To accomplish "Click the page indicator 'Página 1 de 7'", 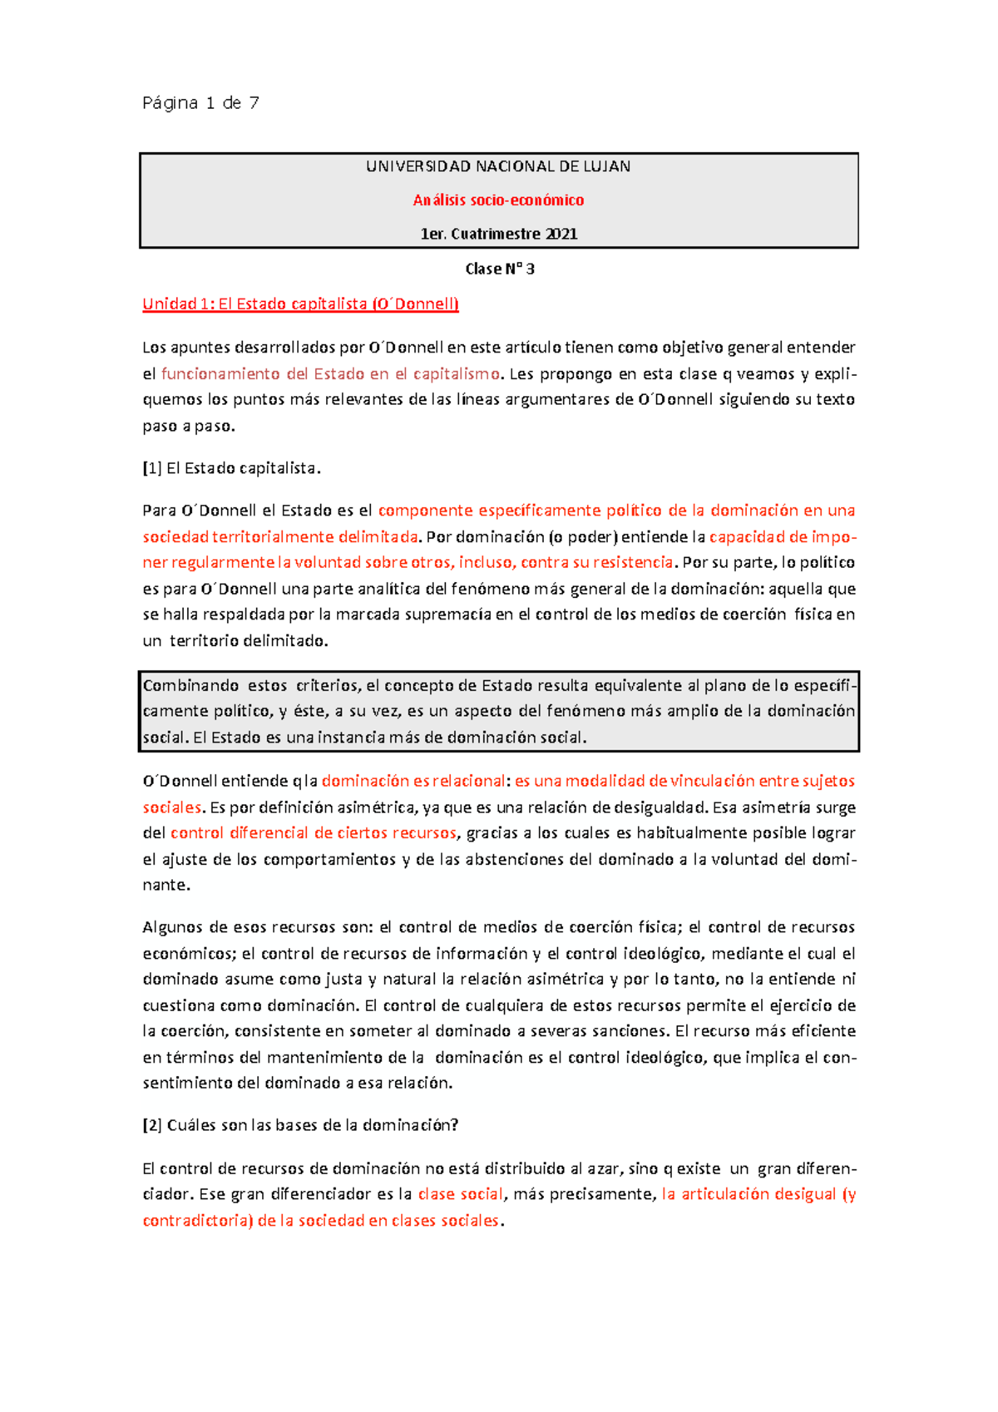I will (200, 103).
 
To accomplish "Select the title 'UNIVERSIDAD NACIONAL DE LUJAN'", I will (498, 166).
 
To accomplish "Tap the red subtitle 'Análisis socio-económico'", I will (498, 200).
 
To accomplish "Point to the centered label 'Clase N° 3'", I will (499, 269).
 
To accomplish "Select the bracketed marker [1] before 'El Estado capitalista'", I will (152, 468).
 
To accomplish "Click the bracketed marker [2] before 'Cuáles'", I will (152, 1125).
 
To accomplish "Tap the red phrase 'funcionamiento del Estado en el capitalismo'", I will (330, 374).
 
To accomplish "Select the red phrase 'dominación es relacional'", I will (413, 781).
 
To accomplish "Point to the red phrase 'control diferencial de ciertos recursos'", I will (314, 833).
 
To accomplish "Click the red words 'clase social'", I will (460, 1194).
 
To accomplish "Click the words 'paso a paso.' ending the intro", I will (189, 426).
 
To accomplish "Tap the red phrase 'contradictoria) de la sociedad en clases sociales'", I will (321, 1221).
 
